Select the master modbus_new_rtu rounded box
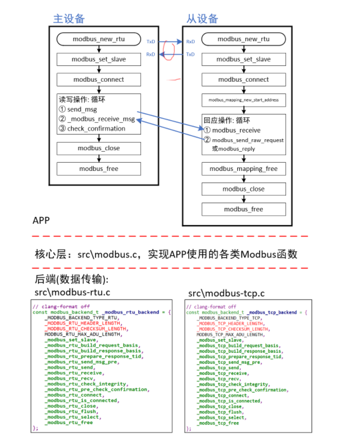click(x=98, y=39)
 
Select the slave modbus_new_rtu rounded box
click(x=243, y=39)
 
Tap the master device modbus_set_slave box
click(x=98, y=59)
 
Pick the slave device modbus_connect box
click(x=243, y=80)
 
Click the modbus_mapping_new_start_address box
click(x=243, y=99)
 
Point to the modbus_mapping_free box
click(x=243, y=169)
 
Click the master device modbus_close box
click(x=98, y=148)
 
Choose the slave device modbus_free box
click(x=243, y=209)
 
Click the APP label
click(x=41, y=220)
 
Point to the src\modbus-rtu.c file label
click(x=72, y=293)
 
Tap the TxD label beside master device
click(x=151, y=41)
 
